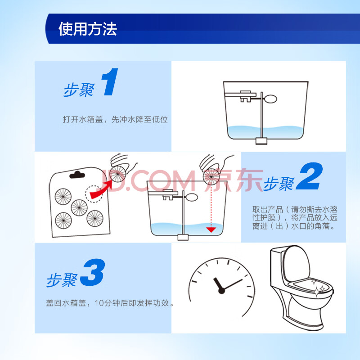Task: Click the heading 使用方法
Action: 88,29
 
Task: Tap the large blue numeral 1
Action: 110,82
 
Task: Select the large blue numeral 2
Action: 310,176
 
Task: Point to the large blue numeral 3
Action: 93,273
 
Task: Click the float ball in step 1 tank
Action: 270,99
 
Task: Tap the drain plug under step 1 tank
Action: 261,141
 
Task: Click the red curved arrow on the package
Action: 100,190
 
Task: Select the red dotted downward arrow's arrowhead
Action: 211,229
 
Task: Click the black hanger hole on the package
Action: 77,175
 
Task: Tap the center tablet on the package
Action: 79,208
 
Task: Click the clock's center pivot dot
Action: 221,291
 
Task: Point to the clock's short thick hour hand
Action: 217,284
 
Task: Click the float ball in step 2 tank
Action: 192,197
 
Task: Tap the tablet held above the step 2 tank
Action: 211,176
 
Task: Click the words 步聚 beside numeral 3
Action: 62,280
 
